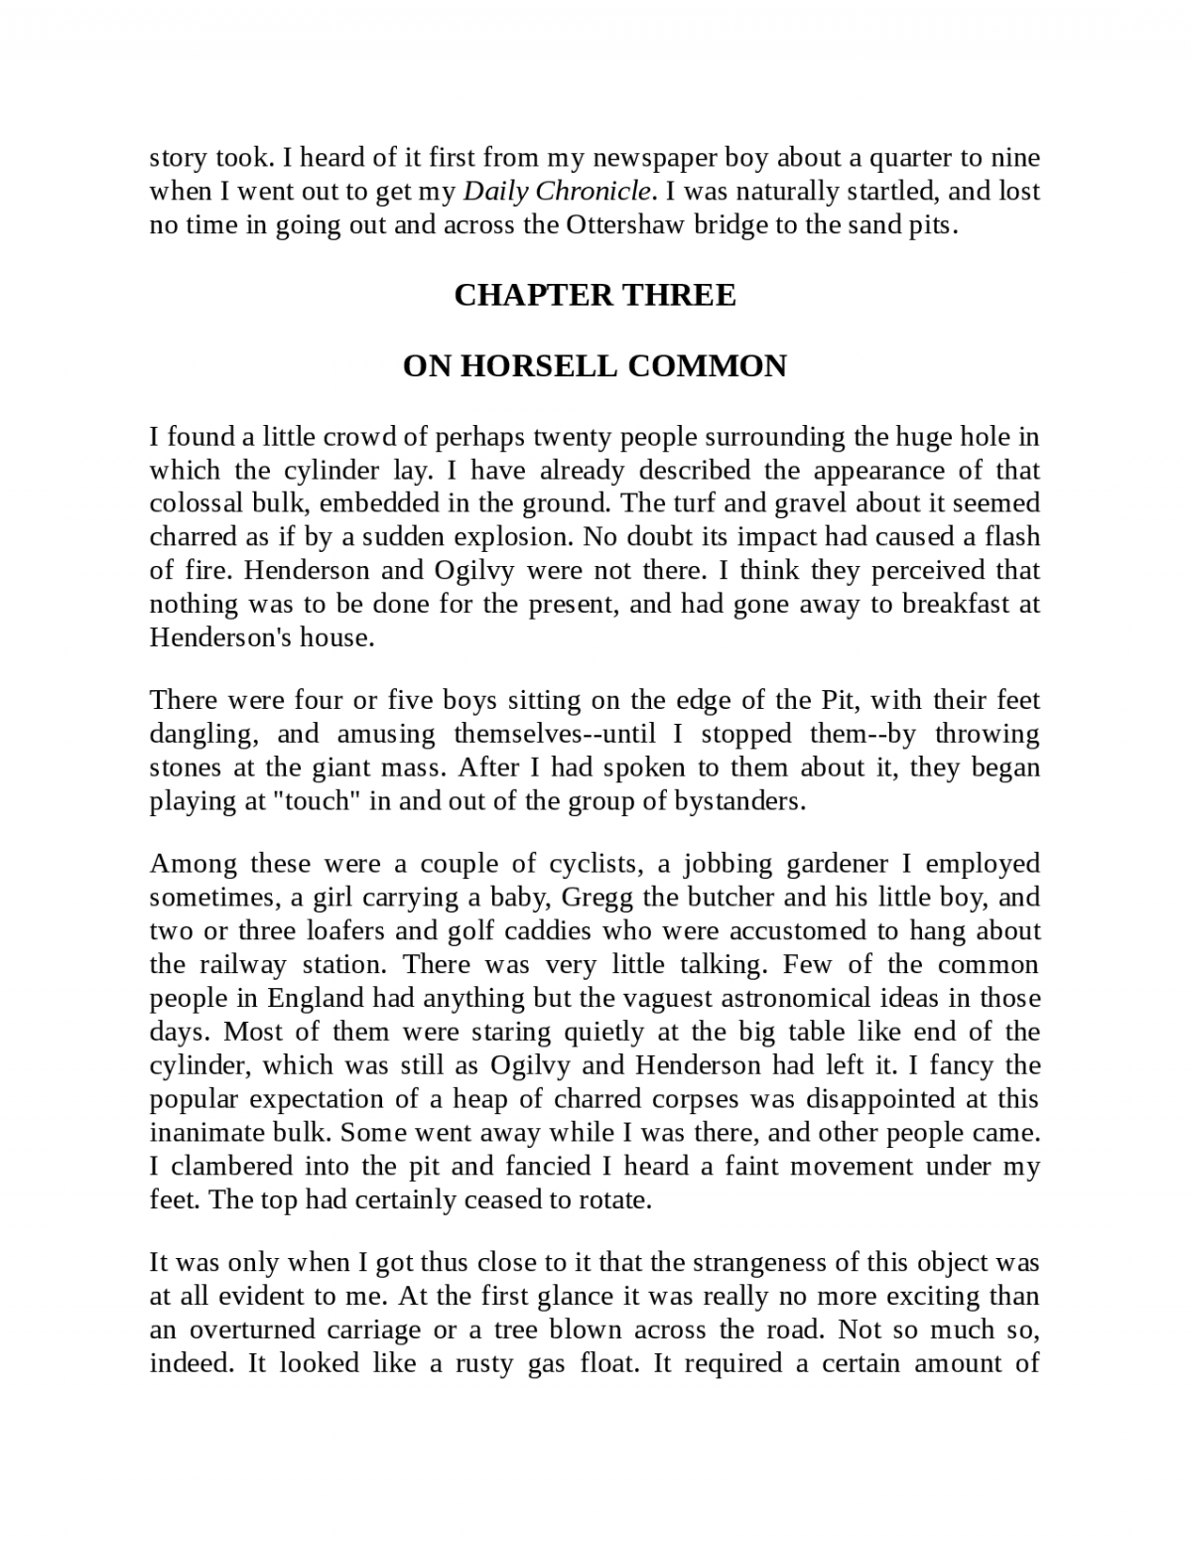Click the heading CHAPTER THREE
(595, 295)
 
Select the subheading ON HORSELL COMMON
(595, 366)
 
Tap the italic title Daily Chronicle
(558, 191)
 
